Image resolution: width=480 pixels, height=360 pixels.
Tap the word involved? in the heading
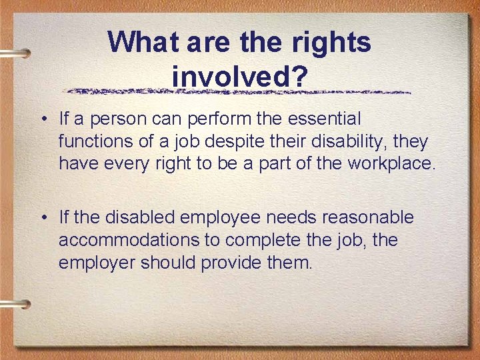tap(240, 76)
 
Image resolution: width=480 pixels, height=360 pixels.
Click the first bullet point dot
tap(42, 120)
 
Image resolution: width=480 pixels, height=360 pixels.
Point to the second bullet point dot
tap(42, 218)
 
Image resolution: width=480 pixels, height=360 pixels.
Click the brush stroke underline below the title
tap(240, 91)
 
